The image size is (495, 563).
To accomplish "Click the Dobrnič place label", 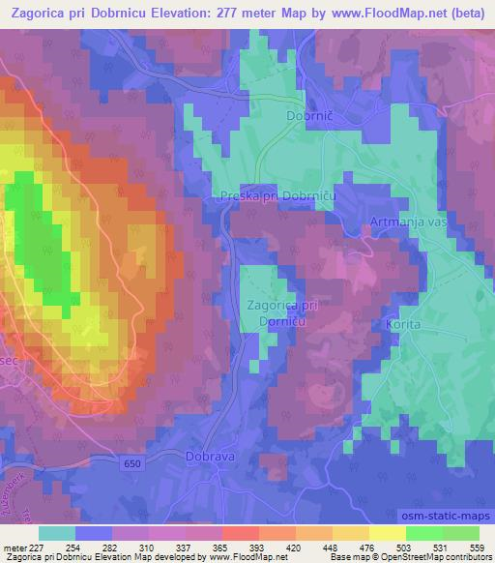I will coord(309,115).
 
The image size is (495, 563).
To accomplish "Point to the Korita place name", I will coord(404,325).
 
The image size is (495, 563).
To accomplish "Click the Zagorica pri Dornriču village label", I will coord(283,311).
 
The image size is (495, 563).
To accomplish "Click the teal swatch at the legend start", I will coord(57,533).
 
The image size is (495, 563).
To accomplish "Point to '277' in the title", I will coord(239,14).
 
